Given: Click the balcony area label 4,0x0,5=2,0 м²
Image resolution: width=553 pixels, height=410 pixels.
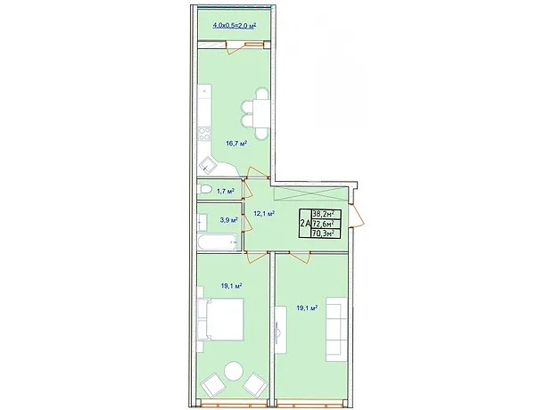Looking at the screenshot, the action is coord(235,25).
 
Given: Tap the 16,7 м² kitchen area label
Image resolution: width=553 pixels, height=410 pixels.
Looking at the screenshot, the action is coord(236,143).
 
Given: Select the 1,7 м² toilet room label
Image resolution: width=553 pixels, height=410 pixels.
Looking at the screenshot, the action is coord(226,191).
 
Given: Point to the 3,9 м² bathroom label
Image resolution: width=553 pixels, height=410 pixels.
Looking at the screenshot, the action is coord(228,220).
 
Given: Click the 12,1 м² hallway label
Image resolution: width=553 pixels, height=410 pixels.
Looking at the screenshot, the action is coord(264,213).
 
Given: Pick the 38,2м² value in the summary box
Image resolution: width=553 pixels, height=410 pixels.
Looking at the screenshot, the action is coord(326,214).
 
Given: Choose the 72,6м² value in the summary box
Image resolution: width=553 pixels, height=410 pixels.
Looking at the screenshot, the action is coord(326,224).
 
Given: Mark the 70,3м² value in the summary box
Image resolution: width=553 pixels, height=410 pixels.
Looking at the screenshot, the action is coord(326,233).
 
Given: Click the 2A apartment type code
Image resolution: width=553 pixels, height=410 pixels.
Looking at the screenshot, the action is coord(305,223).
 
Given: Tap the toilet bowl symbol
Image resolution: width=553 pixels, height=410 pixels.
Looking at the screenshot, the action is coord(204,191).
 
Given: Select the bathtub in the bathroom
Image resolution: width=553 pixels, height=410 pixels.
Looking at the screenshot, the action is coord(218,242).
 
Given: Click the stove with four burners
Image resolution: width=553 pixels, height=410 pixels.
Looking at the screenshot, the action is coord(204,135).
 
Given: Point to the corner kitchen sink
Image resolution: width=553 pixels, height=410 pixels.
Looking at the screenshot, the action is coord(207,165).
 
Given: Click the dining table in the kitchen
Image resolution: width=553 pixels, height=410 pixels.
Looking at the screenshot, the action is coord(261,114).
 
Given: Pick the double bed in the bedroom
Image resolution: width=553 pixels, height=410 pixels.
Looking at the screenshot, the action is coord(221,319).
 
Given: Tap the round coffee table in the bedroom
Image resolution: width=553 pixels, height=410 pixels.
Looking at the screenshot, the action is coord(234,371).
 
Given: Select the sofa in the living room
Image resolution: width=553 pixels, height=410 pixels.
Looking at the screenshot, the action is coord(336,329).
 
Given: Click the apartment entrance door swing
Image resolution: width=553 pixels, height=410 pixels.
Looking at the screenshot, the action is coord(357,214).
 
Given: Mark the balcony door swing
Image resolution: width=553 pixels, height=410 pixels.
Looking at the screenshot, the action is coord(237,47).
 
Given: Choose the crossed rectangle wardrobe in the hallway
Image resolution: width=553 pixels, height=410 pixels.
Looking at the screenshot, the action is coord(310,194).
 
